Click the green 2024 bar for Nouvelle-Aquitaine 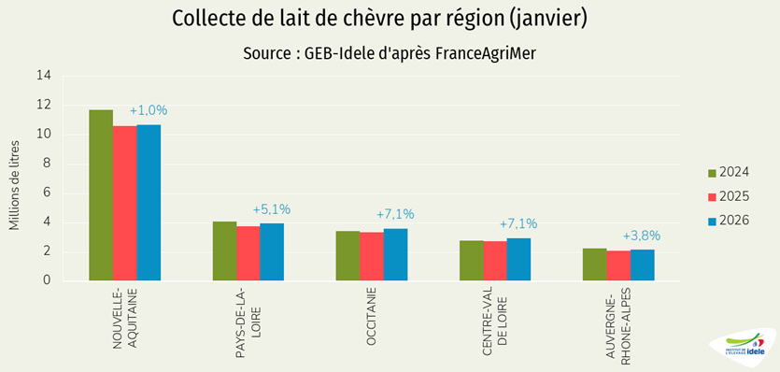[101, 195]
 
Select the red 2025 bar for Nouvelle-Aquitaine [124, 203]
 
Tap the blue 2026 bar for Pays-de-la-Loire [272, 251]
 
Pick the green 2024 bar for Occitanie [347, 255]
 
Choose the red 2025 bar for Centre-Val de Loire [494, 261]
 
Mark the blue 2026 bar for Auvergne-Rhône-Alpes [642, 265]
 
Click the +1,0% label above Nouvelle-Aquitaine [149, 110]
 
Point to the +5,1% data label [272, 209]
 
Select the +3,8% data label [642, 236]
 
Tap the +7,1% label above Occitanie [395, 214]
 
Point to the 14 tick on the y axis [44, 77]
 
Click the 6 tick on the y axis [48, 193]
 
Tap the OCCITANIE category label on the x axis [372, 318]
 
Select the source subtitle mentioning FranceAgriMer [390, 53]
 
